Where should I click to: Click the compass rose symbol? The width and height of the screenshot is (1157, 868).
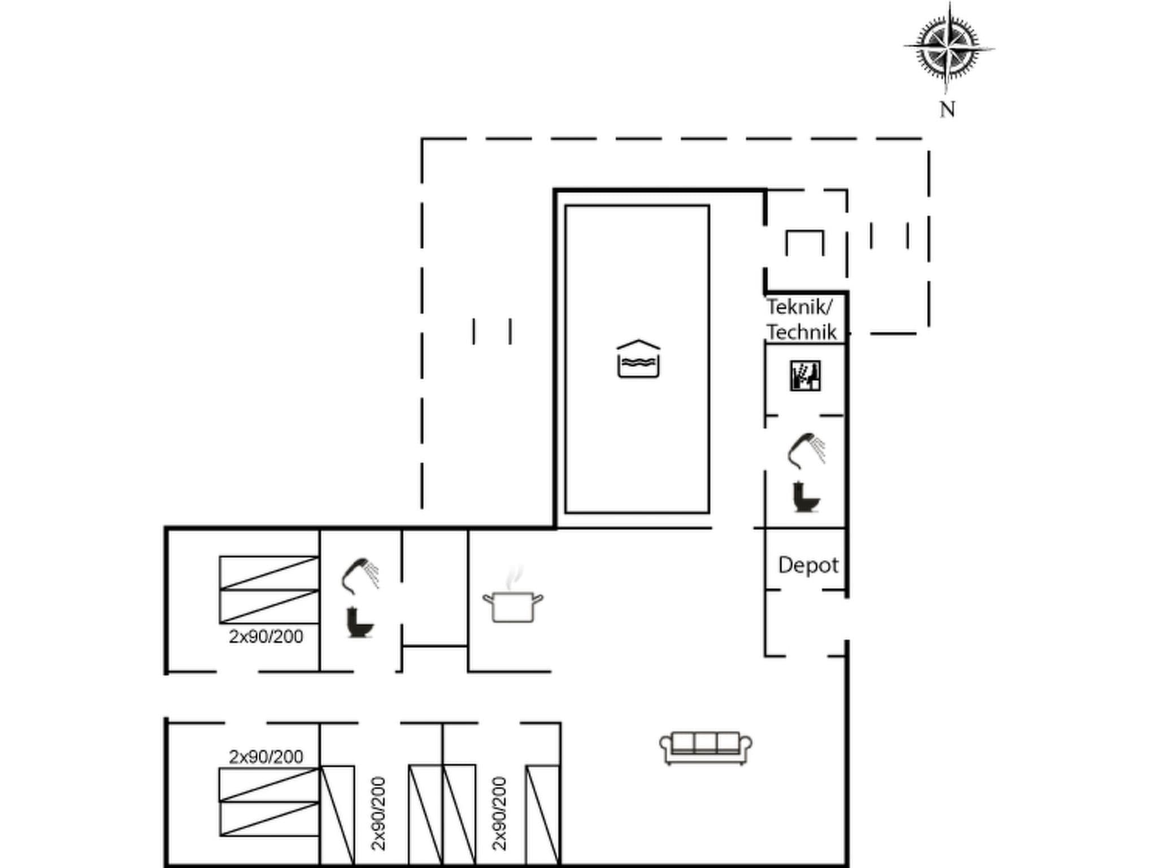949,47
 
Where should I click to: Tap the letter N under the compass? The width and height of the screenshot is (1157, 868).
947,110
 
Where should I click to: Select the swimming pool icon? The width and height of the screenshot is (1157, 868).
638,359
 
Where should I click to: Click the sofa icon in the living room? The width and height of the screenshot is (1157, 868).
706,748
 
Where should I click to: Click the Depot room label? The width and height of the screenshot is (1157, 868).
808,565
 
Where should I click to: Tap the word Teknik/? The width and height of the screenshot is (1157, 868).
799,307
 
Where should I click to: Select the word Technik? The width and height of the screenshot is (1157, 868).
801,332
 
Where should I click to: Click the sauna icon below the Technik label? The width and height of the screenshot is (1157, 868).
805,376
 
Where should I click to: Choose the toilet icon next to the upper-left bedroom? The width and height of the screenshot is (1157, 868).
360,622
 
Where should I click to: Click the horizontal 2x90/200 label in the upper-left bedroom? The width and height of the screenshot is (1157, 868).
266,637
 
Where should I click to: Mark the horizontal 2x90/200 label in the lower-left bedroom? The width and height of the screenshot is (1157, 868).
266,757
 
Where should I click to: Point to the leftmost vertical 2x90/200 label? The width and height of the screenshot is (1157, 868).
379,813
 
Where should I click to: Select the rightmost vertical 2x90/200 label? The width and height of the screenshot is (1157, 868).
499,813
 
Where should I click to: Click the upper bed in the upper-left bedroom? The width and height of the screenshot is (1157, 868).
269,573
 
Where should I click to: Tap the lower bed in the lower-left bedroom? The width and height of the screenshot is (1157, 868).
269,818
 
